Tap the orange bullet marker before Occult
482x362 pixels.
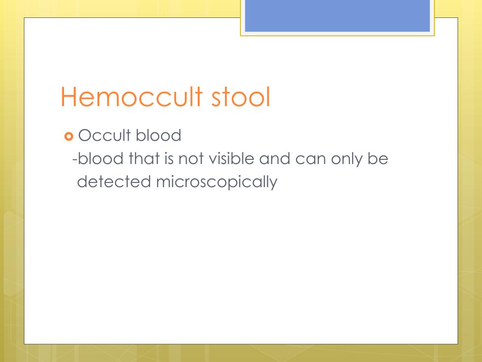tap(68, 137)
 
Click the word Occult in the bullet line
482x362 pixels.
tap(104, 136)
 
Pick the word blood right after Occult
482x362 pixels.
tap(158, 136)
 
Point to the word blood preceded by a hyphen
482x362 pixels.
tap(101, 159)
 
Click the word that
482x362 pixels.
tap(144, 159)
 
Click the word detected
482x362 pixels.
tap(113, 182)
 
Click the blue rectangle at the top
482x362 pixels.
tap(337, 16)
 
